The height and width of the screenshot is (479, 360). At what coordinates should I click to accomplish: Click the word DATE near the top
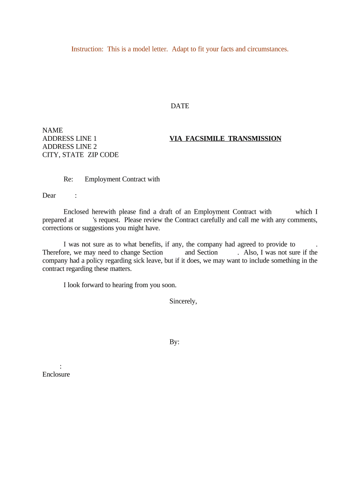point(180,106)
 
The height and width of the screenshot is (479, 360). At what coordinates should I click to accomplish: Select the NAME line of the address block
point(52,131)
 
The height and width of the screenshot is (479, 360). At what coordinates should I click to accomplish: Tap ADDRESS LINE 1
point(70,138)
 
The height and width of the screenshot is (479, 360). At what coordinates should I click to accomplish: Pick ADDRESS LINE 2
point(70,146)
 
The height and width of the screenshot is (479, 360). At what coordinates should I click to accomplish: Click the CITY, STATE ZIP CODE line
point(80,155)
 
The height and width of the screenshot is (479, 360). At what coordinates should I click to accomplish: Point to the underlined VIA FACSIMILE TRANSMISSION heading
point(225,138)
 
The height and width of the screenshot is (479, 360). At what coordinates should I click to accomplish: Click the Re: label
point(68,179)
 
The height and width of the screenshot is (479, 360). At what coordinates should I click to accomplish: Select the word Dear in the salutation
point(49,196)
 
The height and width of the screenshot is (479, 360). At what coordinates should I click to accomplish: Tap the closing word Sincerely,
point(183,302)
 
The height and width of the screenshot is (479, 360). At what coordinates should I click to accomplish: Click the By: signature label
point(174,342)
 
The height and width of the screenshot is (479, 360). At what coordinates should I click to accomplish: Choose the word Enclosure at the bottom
point(56,374)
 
